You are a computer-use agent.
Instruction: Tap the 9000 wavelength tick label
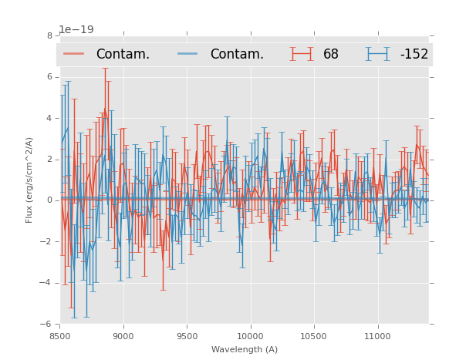[x=123, y=336]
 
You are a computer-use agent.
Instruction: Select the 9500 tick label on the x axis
[x=187, y=336]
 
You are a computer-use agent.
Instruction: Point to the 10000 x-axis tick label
[x=250, y=336]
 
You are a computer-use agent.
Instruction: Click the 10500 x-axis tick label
[x=314, y=336]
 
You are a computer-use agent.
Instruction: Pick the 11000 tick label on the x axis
[x=377, y=336]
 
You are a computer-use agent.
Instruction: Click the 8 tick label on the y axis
[x=49, y=35]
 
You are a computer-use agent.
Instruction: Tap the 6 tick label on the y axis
[x=49, y=77]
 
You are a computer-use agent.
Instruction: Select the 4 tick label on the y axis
[x=49, y=118]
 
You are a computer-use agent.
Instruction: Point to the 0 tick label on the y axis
[x=49, y=200]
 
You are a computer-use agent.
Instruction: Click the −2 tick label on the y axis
[x=47, y=241]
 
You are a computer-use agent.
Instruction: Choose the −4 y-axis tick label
[x=47, y=283]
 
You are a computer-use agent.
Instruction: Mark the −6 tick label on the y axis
[x=47, y=324]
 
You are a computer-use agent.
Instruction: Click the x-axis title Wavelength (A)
[x=245, y=349]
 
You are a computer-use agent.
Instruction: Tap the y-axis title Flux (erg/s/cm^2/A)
[x=29, y=180]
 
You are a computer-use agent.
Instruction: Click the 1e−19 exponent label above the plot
[x=76, y=29]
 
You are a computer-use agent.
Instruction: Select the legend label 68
[x=331, y=54]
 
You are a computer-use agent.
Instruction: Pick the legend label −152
[x=414, y=54]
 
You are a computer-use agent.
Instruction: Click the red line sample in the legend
[x=74, y=54]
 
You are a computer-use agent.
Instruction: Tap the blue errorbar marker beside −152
[x=378, y=54]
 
